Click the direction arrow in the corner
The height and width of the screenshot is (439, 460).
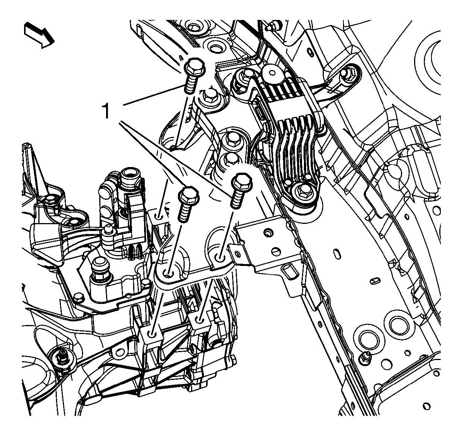click(39, 35)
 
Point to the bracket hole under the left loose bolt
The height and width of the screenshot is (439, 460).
click(168, 273)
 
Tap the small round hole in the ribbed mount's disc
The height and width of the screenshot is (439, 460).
click(272, 73)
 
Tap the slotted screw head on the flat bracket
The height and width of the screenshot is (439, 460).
click(276, 251)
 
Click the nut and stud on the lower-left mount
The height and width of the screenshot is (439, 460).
click(63, 358)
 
